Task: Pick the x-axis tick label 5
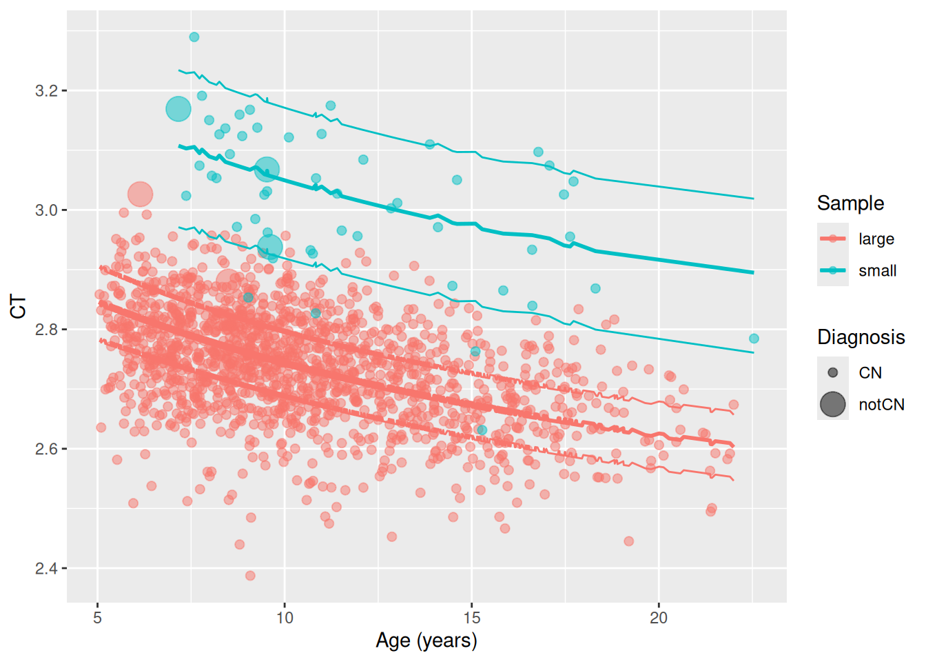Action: point(98,618)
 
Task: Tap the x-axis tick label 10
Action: point(285,618)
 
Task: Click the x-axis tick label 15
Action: point(471,618)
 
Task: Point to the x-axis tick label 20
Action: point(659,618)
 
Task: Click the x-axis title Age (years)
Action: point(426,641)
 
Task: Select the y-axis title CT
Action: point(19,307)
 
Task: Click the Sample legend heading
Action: point(850,203)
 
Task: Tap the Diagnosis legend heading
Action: point(861,337)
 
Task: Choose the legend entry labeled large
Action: point(876,239)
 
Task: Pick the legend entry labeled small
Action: point(877,271)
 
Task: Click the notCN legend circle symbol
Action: point(833,405)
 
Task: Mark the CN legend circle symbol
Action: point(833,373)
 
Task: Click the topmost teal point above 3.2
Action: point(194,37)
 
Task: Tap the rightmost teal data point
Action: point(754,339)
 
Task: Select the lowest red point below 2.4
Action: point(250,576)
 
